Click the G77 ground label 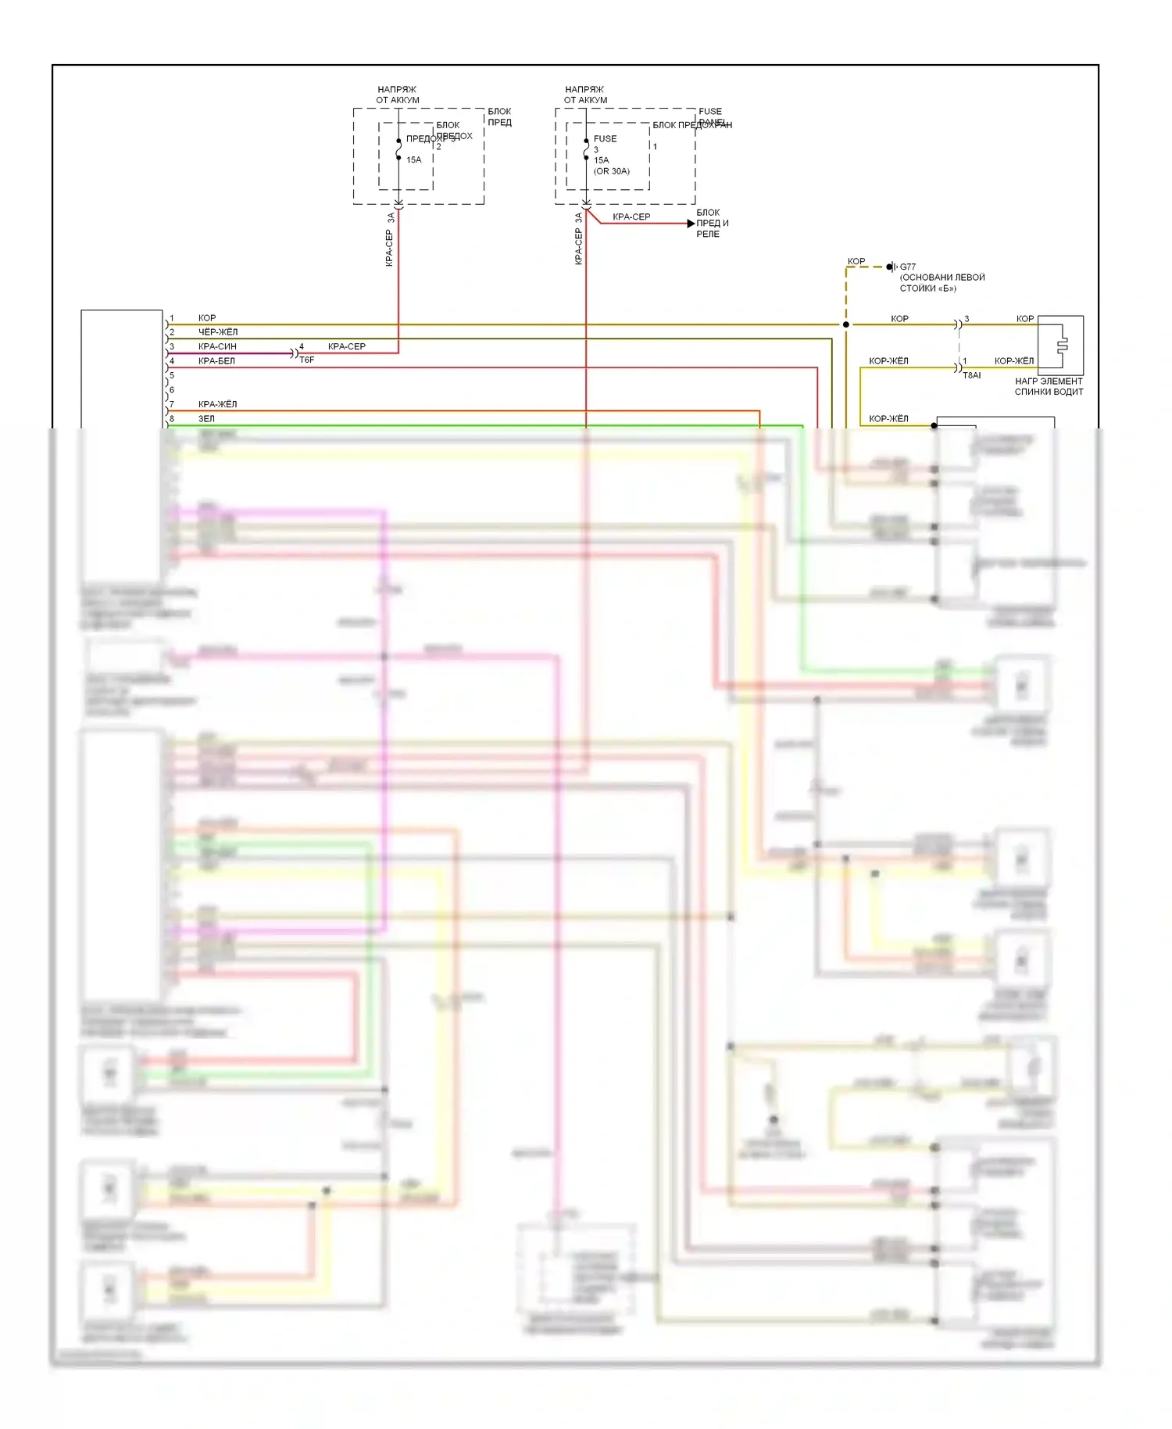pyautogui.click(x=908, y=267)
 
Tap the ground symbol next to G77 pyautogui.click(x=892, y=267)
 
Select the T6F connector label pyautogui.click(x=307, y=360)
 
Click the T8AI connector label pyautogui.click(x=971, y=375)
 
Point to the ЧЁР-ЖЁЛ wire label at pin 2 pyautogui.click(x=217, y=331)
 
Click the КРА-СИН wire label pyautogui.click(x=217, y=346)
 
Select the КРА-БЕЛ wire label pyautogui.click(x=216, y=360)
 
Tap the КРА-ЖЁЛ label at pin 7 pyautogui.click(x=217, y=404)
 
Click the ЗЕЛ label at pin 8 pyautogui.click(x=206, y=418)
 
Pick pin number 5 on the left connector pyautogui.click(x=172, y=375)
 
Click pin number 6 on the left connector pyautogui.click(x=172, y=389)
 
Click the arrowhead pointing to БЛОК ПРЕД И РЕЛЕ pyautogui.click(x=691, y=224)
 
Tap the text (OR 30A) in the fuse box pyautogui.click(x=611, y=171)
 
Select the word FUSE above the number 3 pyautogui.click(x=605, y=138)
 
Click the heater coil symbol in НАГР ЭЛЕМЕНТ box pyautogui.click(x=1061, y=346)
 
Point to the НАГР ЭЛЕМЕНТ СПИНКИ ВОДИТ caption pyautogui.click(x=1049, y=386)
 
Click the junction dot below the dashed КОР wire pyautogui.click(x=846, y=324)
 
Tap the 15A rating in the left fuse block pyautogui.click(x=413, y=159)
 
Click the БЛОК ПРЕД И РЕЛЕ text pyautogui.click(x=712, y=223)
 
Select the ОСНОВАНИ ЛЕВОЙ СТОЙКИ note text pyautogui.click(x=942, y=282)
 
